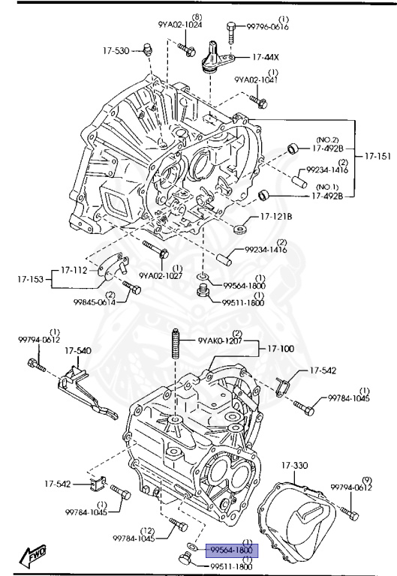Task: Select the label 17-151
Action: point(377,157)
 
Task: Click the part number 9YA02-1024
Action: point(181,23)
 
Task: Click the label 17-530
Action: point(116,50)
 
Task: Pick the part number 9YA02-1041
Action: point(257,79)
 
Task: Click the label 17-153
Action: point(31,279)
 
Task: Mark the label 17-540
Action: point(77,350)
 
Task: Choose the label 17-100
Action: point(281,349)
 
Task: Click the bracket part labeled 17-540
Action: point(83,390)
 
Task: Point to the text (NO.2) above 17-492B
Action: point(327,139)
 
